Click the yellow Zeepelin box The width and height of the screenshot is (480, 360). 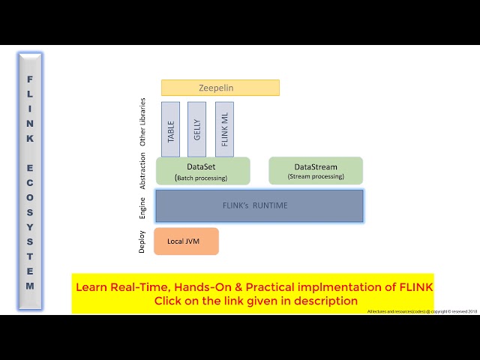point(220,88)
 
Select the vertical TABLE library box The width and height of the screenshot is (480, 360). point(170,129)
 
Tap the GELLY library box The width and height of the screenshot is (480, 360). point(196,129)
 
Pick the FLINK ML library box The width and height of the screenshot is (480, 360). point(224,129)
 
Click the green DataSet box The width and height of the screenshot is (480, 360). point(202,171)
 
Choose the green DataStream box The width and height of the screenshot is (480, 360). point(316,171)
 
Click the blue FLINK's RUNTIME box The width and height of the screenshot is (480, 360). point(259,205)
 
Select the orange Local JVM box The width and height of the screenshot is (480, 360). point(186,241)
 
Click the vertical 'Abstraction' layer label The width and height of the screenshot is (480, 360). point(143,171)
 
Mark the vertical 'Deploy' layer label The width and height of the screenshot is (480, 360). point(143,241)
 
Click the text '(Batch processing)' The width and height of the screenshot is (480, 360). point(202,178)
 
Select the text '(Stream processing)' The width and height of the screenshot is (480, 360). point(316,177)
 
